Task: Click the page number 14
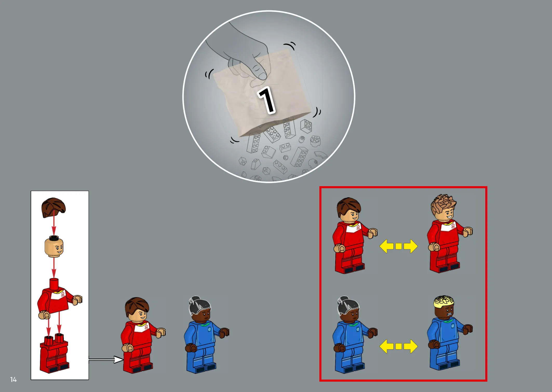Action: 14,380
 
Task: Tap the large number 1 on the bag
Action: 267,100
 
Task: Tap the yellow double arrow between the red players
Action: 399,246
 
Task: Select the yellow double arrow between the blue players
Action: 399,346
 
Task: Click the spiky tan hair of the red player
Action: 443,204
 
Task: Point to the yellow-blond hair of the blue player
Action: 444,301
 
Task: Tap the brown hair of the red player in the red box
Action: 348,206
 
